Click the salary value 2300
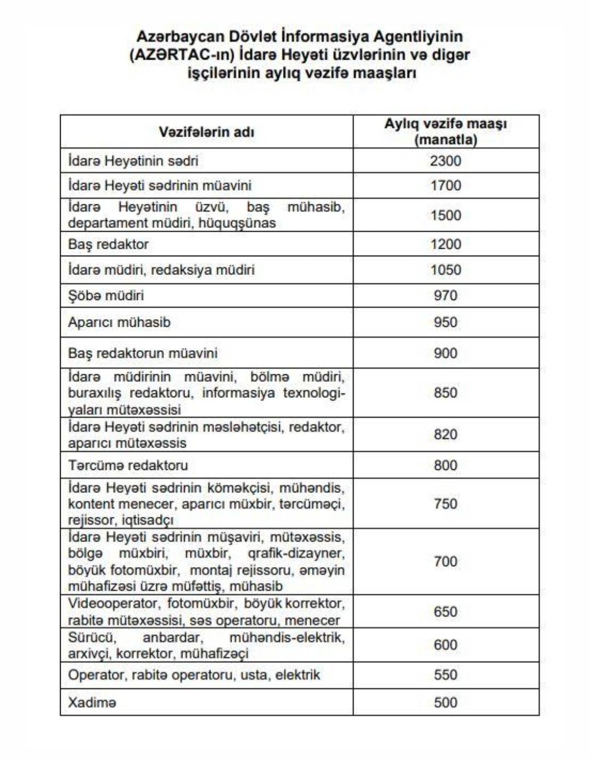point(445,161)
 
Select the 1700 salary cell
point(445,185)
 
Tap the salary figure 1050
point(445,269)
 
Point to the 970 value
point(445,295)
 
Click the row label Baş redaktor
point(108,244)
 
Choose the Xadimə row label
point(92,702)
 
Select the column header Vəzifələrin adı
point(206,132)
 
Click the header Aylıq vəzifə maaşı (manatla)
point(445,131)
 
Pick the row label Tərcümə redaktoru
point(128,465)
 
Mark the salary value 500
point(445,702)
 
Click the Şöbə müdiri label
point(106,295)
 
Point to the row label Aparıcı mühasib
point(119,322)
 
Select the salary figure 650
point(445,611)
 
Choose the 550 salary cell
point(445,674)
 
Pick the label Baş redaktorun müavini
point(143,353)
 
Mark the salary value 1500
point(445,215)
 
